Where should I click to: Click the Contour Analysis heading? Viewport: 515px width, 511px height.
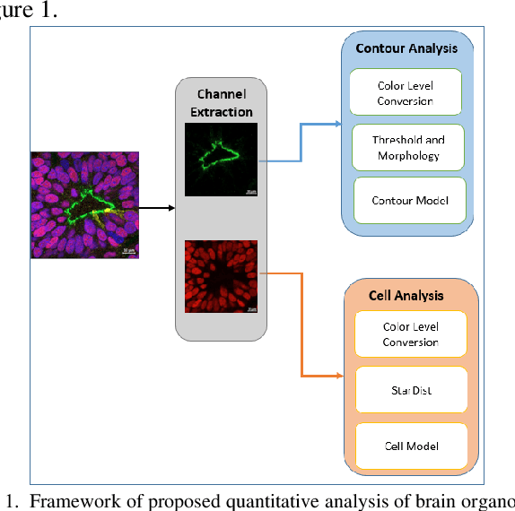(x=406, y=48)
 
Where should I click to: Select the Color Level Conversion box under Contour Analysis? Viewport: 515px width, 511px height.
(x=405, y=93)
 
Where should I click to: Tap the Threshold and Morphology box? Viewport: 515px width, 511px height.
(x=408, y=147)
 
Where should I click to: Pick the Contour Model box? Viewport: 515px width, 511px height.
(x=410, y=200)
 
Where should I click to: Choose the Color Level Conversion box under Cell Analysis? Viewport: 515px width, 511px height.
(x=410, y=334)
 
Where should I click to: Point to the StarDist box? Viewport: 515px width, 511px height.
(x=410, y=391)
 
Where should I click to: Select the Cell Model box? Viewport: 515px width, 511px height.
(x=410, y=446)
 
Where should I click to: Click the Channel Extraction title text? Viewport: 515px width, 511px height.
(x=220, y=103)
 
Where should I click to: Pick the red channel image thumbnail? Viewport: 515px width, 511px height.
(x=221, y=276)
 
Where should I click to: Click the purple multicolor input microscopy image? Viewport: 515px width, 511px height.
(x=84, y=204)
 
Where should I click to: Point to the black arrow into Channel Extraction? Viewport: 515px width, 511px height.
(x=158, y=208)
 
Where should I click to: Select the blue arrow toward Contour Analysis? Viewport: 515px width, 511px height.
(x=300, y=143)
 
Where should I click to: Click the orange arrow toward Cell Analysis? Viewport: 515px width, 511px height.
(x=301, y=323)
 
